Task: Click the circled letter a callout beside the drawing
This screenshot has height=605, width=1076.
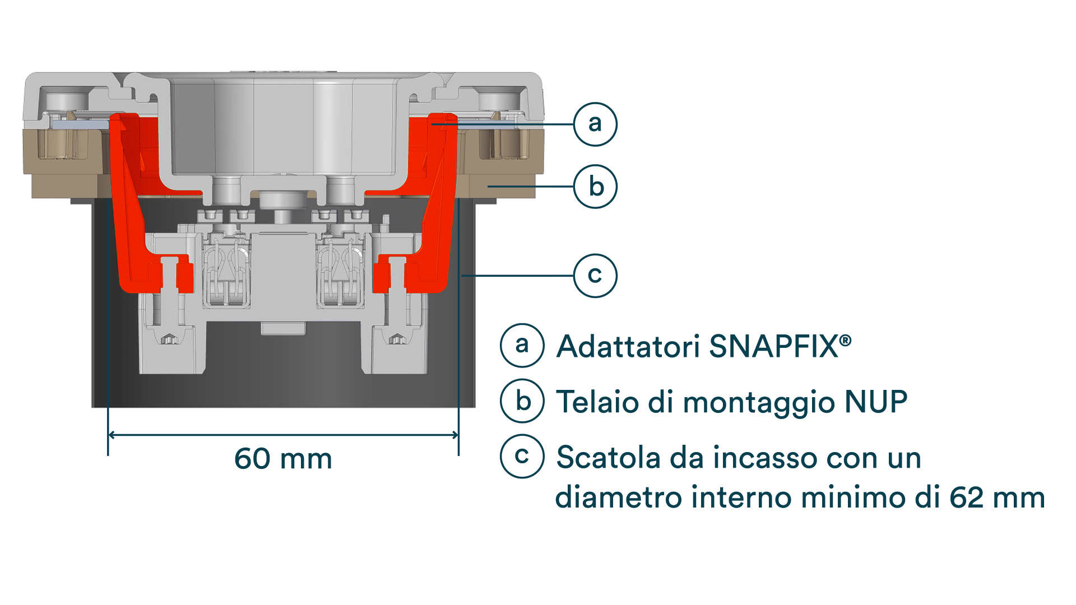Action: [595, 124]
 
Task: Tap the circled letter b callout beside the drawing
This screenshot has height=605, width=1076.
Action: [595, 187]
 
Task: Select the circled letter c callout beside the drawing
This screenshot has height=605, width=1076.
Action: [595, 276]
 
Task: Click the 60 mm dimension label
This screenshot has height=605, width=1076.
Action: [283, 459]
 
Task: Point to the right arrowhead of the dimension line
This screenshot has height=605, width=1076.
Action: [454, 435]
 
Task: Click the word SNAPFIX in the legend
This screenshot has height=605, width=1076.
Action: [773, 346]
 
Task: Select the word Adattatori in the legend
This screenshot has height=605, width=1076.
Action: [628, 346]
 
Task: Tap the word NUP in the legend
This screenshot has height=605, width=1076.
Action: [876, 402]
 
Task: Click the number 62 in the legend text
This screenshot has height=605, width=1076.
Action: [966, 497]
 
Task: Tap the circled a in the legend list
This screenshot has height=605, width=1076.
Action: [522, 346]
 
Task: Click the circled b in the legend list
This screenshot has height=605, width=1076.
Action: [522, 401]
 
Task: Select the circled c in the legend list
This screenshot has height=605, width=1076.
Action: [522, 456]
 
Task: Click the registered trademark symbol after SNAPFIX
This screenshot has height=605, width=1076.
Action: [846, 339]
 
